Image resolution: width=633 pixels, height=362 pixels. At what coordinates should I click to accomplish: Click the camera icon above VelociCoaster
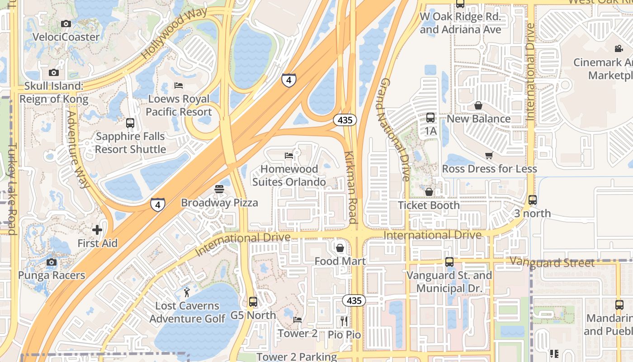click(x=66, y=24)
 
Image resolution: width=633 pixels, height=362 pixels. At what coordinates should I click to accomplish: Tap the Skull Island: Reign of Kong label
click(x=54, y=92)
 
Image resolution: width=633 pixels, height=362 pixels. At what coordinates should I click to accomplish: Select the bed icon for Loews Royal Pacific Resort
click(x=179, y=86)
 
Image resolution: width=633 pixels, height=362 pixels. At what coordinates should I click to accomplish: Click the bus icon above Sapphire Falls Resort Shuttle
click(x=130, y=123)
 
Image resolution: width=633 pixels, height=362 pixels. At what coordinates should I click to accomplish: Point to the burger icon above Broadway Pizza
click(x=219, y=189)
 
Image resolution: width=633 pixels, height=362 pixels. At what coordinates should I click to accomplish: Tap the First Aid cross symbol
click(x=97, y=230)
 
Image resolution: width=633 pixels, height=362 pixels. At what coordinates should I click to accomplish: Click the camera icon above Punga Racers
click(x=52, y=262)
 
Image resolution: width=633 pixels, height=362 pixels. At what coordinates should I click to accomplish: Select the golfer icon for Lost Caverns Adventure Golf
click(x=187, y=292)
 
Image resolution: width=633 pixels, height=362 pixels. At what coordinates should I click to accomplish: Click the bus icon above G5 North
click(x=253, y=301)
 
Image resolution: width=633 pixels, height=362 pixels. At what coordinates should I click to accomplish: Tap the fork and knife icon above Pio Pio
click(x=345, y=321)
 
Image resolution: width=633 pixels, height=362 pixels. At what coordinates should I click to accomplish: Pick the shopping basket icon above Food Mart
click(x=340, y=248)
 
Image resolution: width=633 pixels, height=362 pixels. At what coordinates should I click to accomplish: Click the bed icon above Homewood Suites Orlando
click(x=289, y=155)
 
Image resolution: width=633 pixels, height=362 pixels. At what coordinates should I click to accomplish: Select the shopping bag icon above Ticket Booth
click(x=429, y=192)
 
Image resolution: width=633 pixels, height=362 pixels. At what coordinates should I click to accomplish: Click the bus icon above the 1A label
click(x=430, y=118)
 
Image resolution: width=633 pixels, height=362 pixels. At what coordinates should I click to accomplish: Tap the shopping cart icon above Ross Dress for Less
click(x=489, y=155)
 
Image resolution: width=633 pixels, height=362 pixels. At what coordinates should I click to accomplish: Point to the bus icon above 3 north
click(x=533, y=200)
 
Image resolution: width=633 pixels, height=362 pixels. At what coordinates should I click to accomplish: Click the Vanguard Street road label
click(x=552, y=262)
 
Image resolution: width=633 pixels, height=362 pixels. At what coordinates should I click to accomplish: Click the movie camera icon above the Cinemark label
click(x=619, y=48)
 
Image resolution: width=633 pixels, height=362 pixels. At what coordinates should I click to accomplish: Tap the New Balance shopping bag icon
click(x=478, y=105)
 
